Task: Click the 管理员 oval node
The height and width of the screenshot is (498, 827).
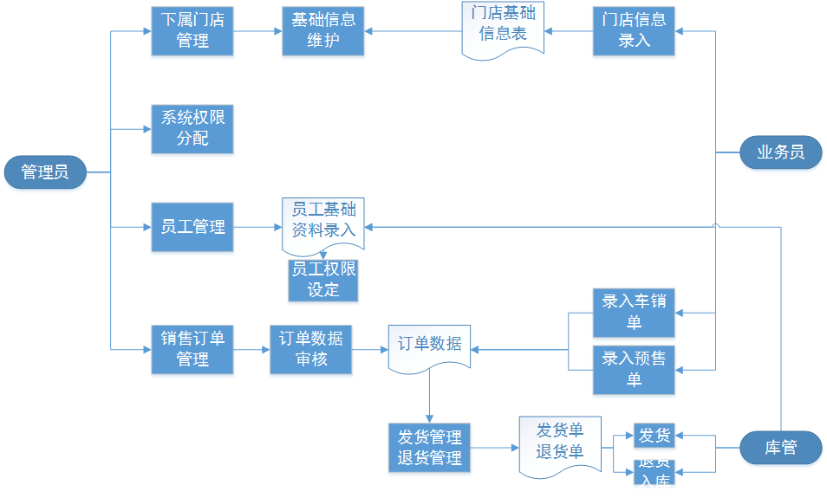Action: (45, 172)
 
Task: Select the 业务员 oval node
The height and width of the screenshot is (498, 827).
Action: (780, 153)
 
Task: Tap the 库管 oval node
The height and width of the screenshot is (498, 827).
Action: (780, 448)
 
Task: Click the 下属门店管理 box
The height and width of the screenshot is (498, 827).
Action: (192, 31)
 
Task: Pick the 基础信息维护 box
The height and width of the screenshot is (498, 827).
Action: (322, 31)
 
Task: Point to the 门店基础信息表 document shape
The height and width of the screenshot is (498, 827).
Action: (503, 29)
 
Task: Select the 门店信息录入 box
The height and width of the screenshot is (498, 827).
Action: (634, 31)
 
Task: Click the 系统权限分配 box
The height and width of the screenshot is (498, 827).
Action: (192, 129)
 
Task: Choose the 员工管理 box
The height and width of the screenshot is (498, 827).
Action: (192, 227)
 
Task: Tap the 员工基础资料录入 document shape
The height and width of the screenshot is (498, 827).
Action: (322, 222)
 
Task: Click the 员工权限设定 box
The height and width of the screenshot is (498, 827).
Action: (322, 280)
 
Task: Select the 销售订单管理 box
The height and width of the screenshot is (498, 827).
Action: (192, 349)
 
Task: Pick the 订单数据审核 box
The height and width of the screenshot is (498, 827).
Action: (310, 349)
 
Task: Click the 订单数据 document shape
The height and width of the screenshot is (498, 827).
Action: (429, 346)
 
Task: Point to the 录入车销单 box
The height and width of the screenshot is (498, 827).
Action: (634, 313)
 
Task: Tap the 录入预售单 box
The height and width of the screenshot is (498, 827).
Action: (634, 368)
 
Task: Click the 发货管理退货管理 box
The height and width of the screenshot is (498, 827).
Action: (429, 448)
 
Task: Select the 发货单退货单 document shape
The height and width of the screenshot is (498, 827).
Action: (559, 443)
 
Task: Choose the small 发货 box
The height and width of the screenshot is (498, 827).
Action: (654, 436)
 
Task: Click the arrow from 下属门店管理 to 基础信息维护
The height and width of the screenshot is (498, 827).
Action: (257, 32)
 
